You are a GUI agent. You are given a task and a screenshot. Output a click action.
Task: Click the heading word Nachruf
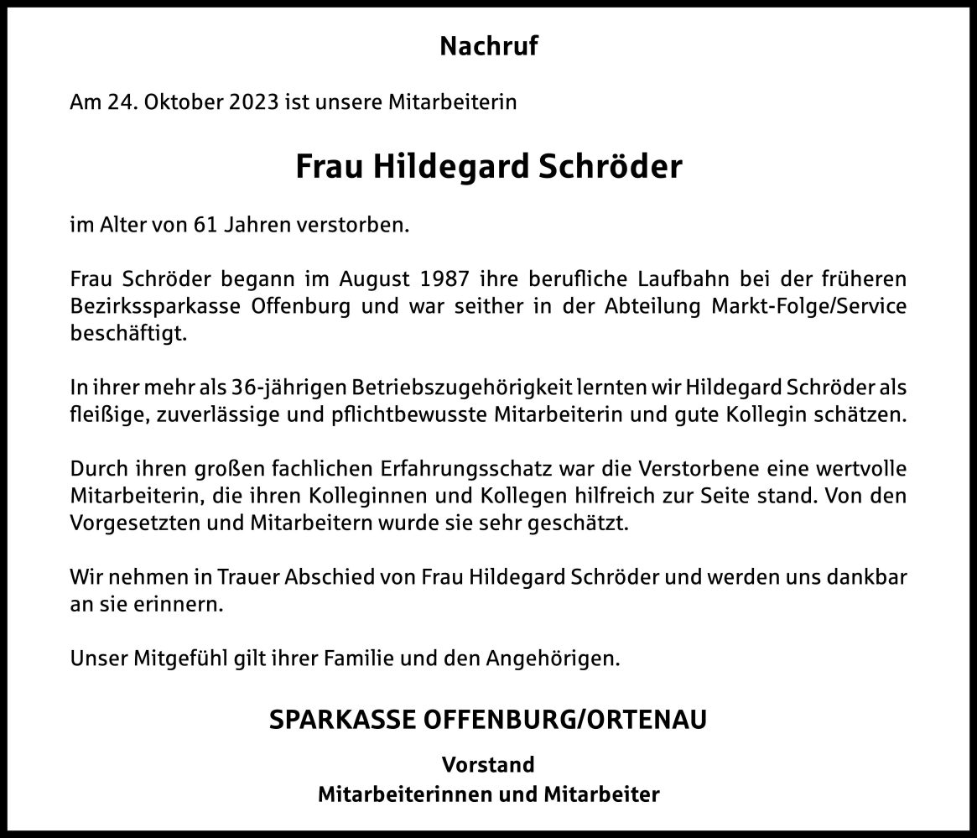(x=488, y=47)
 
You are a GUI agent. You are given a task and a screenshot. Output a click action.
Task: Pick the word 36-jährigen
(x=273, y=388)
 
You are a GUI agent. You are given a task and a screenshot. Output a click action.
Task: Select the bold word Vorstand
(x=488, y=765)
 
